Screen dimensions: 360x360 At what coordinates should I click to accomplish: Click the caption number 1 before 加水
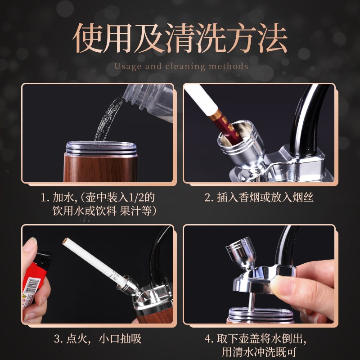tap(44, 198)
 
